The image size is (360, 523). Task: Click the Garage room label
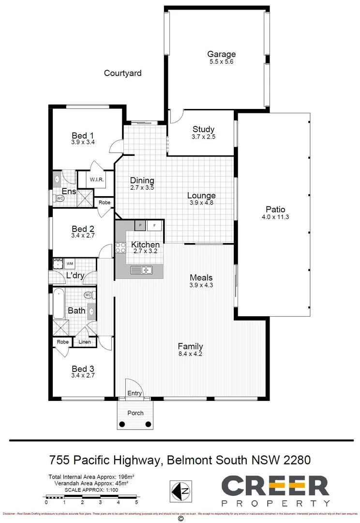pyautogui.click(x=221, y=54)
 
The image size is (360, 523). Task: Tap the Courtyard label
pyautogui.click(x=123, y=73)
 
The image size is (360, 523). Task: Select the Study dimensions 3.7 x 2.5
pyautogui.click(x=203, y=137)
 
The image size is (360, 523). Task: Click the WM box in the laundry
pyautogui.click(x=70, y=263)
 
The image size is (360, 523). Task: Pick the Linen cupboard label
pyautogui.click(x=84, y=342)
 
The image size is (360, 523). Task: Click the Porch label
pyautogui.click(x=135, y=413)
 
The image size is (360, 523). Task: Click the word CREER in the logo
pyautogui.click(x=275, y=486)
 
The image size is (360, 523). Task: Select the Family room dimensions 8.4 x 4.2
pyautogui.click(x=190, y=354)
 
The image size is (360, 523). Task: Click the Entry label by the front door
pyautogui.click(x=135, y=393)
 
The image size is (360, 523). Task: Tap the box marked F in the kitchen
pyautogui.click(x=155, y=225)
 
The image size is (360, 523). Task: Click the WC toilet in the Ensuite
pyautogui.click(x=60, y=199)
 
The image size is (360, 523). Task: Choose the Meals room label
pyautogui.click(x=201, y=277)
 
